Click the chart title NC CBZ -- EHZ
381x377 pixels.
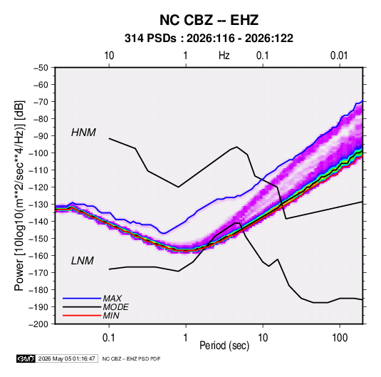point(209,20)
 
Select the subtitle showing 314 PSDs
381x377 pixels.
point(209,38)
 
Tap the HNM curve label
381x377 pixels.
point(83,133)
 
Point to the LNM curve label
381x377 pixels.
point(83,261)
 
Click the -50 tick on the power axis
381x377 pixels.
point(41,68)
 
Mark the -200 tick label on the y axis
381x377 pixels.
point(38,324)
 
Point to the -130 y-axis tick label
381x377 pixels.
point(38,205)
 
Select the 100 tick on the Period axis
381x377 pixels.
point(340,338)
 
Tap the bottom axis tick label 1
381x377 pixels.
point(185,338)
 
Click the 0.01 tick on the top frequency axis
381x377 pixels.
point(339,56)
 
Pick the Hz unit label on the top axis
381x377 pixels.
point(224,56)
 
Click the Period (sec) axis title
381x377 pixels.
point(224,346)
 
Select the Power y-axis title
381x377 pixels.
point(19,195)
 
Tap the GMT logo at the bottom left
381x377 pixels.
point(26,358)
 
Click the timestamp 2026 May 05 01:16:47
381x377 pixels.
point(66,358)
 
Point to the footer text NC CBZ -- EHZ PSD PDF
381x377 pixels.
point(131,358)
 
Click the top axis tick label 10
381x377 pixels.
point(109,56)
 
